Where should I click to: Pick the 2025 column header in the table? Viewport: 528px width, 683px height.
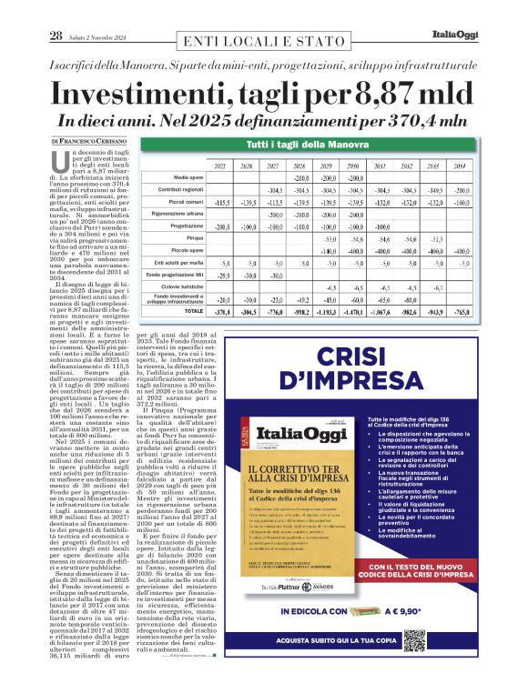(x=220, y=166)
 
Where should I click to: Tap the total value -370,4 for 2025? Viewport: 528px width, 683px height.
(x=221, y=310)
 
